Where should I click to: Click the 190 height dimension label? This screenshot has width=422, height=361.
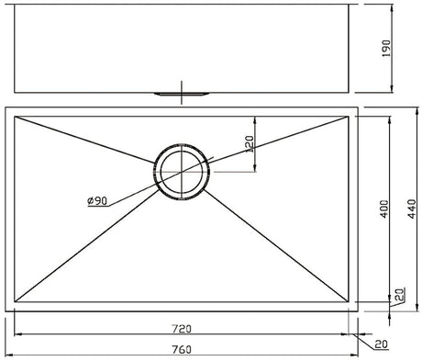(386, 48)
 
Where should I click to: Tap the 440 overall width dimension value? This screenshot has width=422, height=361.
(412, 209)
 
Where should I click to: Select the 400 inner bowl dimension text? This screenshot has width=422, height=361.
(384, 209)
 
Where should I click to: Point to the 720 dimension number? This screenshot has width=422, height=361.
(182, 329)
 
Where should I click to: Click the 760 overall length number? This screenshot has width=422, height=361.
(182, 349)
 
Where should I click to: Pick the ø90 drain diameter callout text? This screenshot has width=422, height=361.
(97, 201)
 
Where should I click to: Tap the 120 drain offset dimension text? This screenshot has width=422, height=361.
(250, 144)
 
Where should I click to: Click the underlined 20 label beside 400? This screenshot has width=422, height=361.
(401, 294)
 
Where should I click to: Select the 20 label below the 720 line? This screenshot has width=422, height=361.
(381, 344)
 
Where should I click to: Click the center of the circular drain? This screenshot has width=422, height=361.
(182, 172)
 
